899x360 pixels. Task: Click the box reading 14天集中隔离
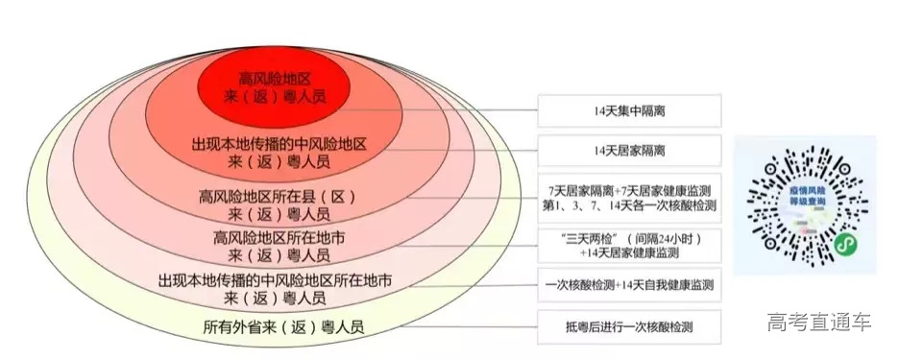tap(629, 111)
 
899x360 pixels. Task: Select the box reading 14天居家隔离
tap(629, 152)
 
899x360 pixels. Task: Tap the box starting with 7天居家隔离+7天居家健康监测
tap(629, 198)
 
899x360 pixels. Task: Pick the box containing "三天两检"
tap(629, 245)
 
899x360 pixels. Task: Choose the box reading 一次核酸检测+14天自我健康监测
tap(629, 286)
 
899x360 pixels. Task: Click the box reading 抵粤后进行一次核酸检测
tap(629, 327)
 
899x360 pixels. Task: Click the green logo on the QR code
tap(845, 243)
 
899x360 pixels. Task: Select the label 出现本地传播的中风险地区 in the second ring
tap(279, 144)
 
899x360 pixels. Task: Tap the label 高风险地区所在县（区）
tap(278, 196)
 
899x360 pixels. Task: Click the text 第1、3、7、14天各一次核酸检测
tap(629, 205)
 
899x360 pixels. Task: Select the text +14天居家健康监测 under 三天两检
tap(629, 252)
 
